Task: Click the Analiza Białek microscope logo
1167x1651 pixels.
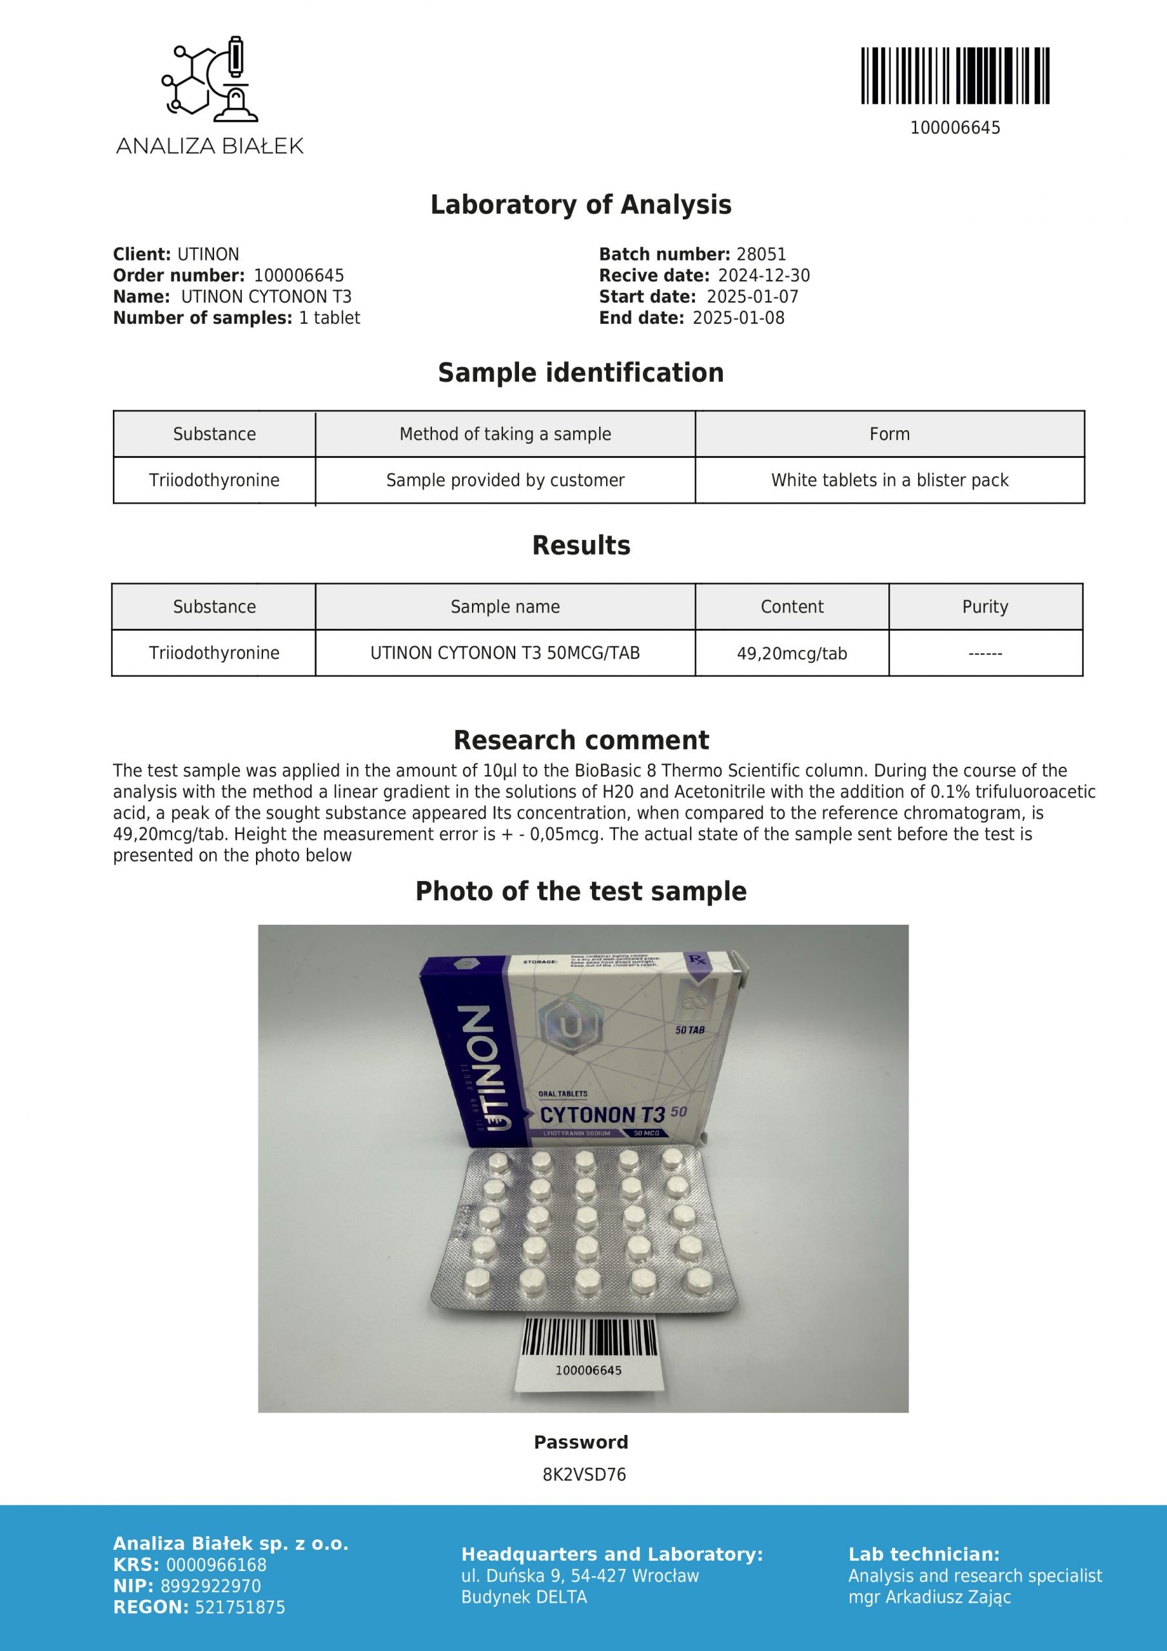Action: (208, 77)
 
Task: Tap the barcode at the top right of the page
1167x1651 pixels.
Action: (955, 75)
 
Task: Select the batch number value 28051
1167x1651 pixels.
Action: (761, 255)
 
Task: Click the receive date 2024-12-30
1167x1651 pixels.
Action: (764, 276)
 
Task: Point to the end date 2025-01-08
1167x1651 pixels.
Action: (738, 319)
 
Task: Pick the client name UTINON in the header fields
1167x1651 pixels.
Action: (208, 255)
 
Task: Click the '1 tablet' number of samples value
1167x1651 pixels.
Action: (329, 319)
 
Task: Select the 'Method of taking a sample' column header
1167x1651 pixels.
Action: (505, 434)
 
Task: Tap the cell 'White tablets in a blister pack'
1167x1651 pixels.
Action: (890, 480)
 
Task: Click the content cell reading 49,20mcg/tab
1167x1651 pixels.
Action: (792, 654)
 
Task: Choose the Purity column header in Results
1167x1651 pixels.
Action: (985, 607)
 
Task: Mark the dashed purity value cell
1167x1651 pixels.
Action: (985, 654)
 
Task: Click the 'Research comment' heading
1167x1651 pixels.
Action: (581, 740)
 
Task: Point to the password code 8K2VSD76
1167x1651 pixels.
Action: (584, 1475)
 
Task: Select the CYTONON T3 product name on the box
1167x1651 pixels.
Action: (603, 1114)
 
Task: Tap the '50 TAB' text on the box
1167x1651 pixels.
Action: (691, 1031)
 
